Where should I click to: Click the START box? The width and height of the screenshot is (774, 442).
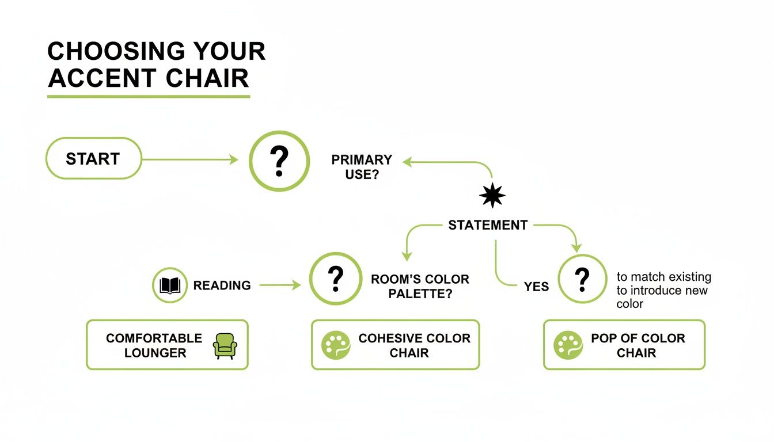click(x=93, y=159)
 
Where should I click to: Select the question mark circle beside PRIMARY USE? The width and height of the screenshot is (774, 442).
click(x=279, y=161)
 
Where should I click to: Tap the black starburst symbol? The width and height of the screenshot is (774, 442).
click(x=492, y=196)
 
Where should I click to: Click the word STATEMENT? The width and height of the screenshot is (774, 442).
click(x=488, y=225)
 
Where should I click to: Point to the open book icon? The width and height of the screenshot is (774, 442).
click(x=170, y=285)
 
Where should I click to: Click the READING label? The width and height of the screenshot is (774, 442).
click(x=222, y=285)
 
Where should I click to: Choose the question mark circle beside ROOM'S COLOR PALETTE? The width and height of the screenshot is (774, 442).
click(x=336, y=279)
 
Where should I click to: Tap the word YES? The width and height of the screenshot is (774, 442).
click(x=536, y=287)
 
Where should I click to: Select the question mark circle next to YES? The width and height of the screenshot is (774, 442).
click(x=583, y=279)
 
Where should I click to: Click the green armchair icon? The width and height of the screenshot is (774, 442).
click(x=225, y=345)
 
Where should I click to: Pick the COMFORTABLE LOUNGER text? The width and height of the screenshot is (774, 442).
click(x=154, y=345)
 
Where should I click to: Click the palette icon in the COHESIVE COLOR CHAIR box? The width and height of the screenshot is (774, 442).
click(x=336, y=345)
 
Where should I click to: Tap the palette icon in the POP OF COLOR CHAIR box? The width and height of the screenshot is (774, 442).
click(x=568, y=345)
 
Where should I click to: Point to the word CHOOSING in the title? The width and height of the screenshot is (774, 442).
click(x=119, y=52)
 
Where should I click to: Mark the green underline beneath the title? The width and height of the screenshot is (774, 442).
click(x=149, y=96)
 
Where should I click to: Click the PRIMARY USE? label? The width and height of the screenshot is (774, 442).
click(x=362, y=167)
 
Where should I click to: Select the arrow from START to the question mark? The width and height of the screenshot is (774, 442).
click(x=190, y=159)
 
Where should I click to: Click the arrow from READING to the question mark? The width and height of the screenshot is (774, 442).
click(x=280, y=285)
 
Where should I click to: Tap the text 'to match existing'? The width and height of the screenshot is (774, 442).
click(x=663, y=277)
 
